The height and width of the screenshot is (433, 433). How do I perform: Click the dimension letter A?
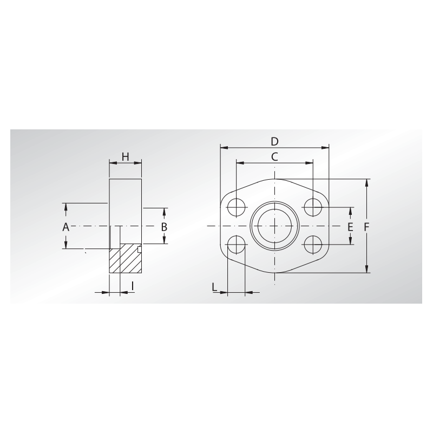pyautogui.click(x=65, y=227)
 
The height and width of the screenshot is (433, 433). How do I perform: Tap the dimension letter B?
pyautogui.click(x=164, y=227)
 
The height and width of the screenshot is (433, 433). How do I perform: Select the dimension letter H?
pyautogui.click(x=126, y=157)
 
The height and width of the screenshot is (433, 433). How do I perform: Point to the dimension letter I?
pyautogui.click(x=133, y=286)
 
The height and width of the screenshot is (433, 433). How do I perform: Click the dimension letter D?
pyautogui.click(x=274, y=141)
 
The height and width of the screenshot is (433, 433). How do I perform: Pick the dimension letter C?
pyautogui.click(x=274, y=157)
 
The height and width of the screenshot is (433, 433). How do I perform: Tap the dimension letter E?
pyautogui.click(x=350, y=227)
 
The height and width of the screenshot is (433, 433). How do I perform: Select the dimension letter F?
pyautogui.click(x=366, y=227)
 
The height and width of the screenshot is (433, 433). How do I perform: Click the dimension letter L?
pyautogui.click(x=214, y=287)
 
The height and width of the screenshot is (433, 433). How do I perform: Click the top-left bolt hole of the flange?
pyautogui.click(x=237, y=207)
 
